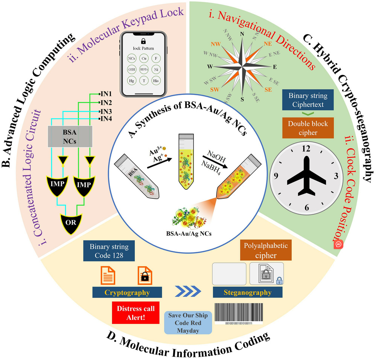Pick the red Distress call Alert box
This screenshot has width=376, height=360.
[x=136, y=312]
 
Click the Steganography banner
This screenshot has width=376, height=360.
[x=247, y=292]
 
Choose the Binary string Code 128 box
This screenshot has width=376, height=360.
[x=109, y=251]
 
